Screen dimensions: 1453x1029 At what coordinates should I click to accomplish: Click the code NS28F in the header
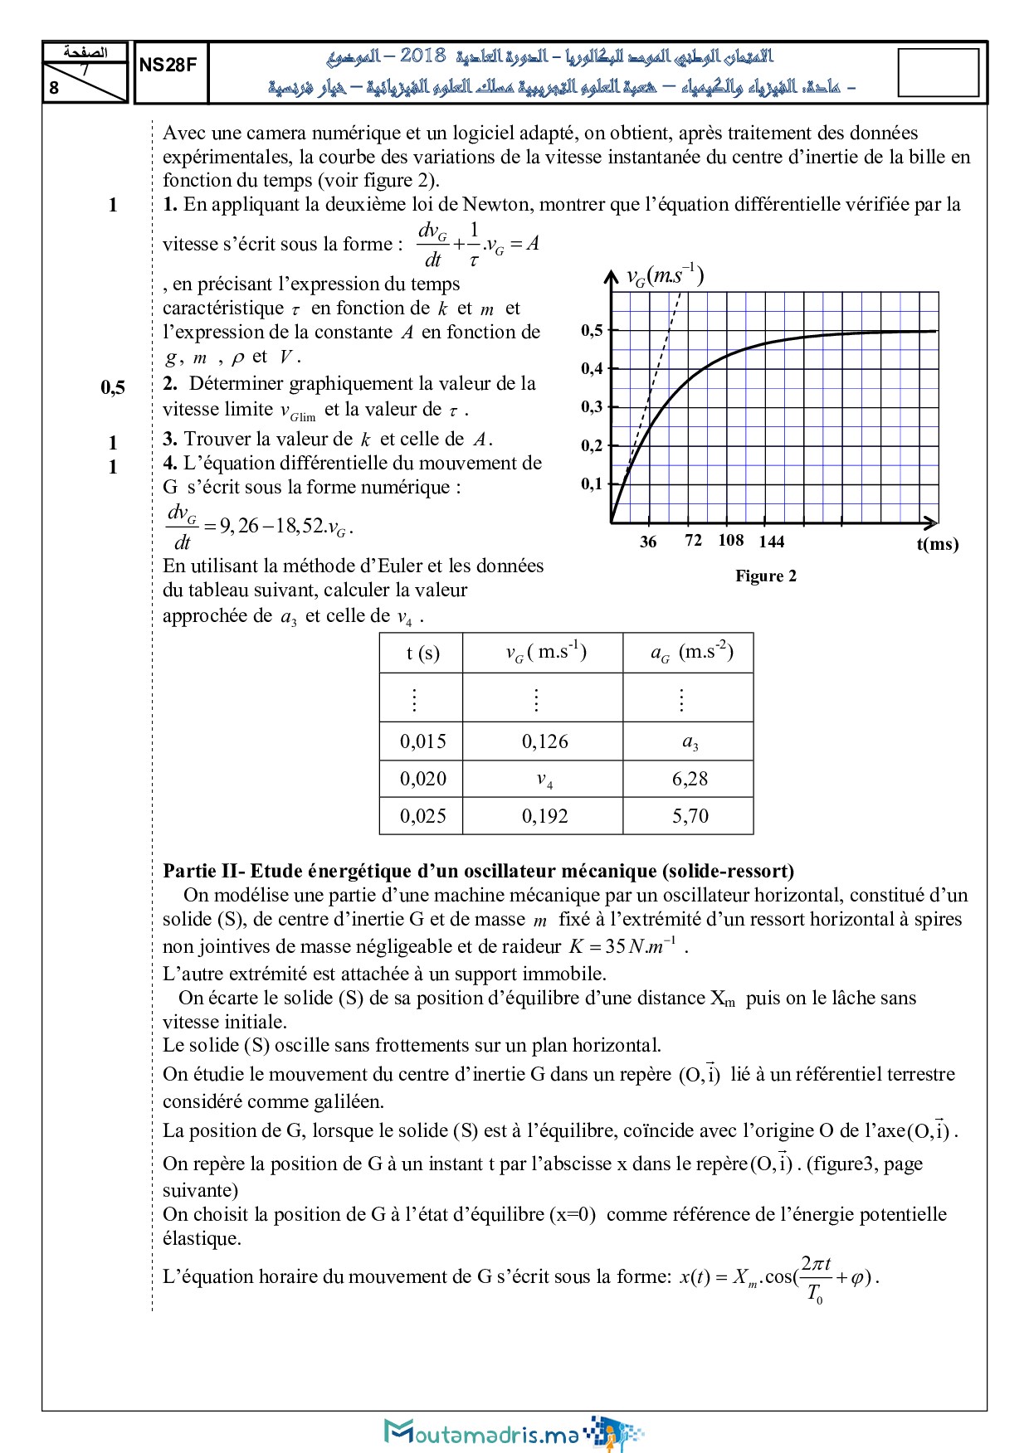[168, 66]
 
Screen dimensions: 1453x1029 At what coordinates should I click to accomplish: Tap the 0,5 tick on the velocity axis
[592, 330]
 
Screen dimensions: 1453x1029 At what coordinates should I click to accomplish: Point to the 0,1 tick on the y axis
[592, 484]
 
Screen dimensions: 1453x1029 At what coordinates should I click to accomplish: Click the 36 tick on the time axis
[648, 542]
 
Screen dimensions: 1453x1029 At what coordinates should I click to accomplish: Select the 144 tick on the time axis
[771, 542]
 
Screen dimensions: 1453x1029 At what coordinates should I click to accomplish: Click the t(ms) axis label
[937, 544]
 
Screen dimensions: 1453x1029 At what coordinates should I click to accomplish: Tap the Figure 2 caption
[765, 576]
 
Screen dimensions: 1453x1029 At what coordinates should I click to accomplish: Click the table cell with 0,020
[422, 779]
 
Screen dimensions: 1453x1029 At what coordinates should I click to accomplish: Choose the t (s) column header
[422, 654]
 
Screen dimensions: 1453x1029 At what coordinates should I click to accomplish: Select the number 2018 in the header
[422, 56]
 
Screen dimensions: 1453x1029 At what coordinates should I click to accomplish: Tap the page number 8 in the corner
[54, 87]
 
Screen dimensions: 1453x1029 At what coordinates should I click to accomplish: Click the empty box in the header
[938, 72]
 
